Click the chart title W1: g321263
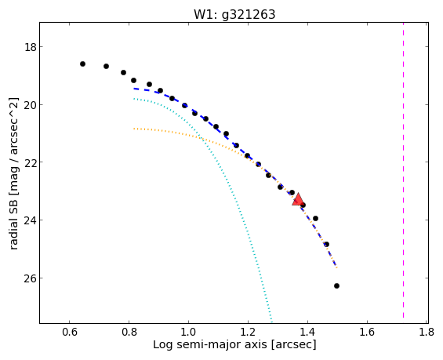[x=234, y=14]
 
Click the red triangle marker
[x=298, y=199]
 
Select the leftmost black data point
[x=82, y=64]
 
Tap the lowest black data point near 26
[x=336, y=285]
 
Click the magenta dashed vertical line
[x=403, y=170]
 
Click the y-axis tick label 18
[x=31, y=47]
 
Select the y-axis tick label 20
[x=31, y=105]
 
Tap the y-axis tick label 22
[x=31, y=162]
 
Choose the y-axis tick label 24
[x=31, y=220]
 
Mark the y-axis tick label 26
[x=31, y=278]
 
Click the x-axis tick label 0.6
[x=70, y=332]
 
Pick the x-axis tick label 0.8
[x=129, y=332]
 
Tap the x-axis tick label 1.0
[x=188, y=332]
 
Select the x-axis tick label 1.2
[x=248, y=332]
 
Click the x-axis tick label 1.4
[x=307, y=332]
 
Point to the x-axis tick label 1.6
[x=367, y=332]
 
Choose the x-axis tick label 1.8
[x=427, y=332]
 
